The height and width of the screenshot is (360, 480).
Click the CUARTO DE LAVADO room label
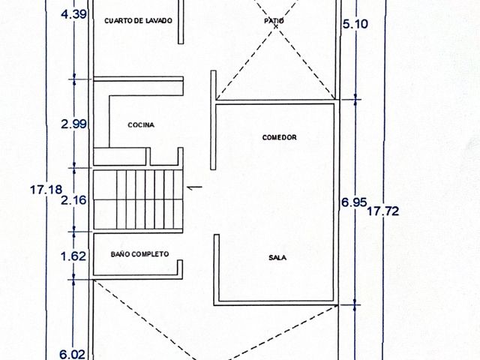tap(138, 21)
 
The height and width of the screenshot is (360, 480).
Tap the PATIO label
tap(274, 21)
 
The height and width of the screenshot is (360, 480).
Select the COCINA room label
tap(141, 125)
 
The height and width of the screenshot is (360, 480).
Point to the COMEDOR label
tap(280, 137)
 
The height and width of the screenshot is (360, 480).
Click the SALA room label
tap(277, 258)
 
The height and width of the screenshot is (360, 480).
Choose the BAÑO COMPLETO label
tap(139, 254)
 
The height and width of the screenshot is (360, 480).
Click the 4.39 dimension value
tap(73, 14)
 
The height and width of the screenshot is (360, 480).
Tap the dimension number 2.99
tap(73, 124)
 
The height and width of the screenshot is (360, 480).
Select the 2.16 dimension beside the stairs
tap(73, 200)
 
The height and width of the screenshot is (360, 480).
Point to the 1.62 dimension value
tap(73, 256)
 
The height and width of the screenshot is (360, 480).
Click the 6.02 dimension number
tap(72, 355)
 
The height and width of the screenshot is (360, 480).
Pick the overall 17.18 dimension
tap(46, 190)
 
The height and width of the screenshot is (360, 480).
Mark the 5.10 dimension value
tap(355, 24)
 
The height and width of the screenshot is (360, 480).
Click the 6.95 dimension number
tap(354, 202)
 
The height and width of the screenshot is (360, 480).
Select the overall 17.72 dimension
tap(383, 211)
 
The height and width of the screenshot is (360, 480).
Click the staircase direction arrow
tap(194, 187)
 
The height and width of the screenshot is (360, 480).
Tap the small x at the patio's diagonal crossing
tap(275, 26)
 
